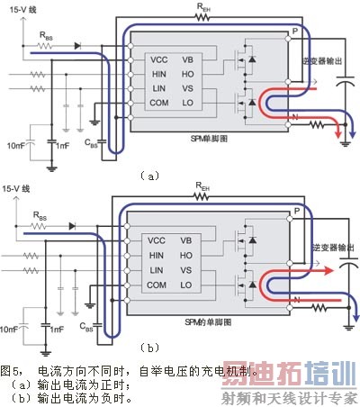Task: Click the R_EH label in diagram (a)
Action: (x=204, y=6)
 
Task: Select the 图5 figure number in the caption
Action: (x=11, y=370)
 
